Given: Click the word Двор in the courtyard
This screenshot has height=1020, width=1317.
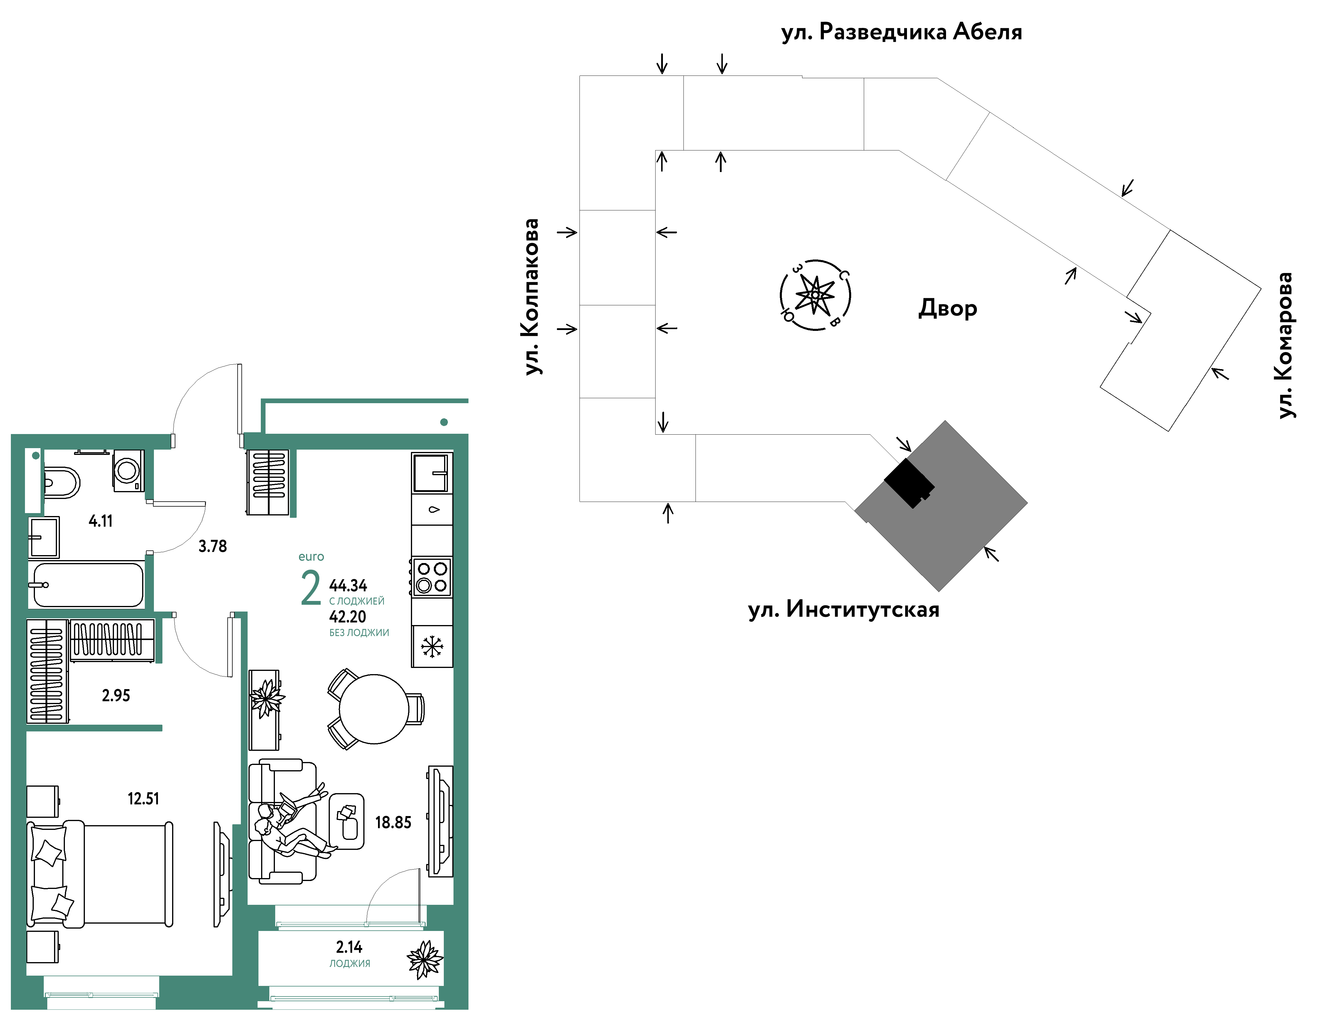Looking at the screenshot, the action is [947, 308].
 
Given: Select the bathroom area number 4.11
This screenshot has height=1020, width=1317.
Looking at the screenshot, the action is [101, 520].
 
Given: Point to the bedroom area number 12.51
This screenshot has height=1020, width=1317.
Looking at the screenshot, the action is [144, 799].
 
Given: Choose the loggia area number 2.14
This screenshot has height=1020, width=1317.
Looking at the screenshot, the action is [349, 947].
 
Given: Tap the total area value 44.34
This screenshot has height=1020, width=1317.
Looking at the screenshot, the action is [348, 585].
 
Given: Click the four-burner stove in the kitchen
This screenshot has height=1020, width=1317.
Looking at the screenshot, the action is [432, 577].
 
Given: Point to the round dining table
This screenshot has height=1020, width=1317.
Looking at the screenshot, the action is [374, 709].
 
